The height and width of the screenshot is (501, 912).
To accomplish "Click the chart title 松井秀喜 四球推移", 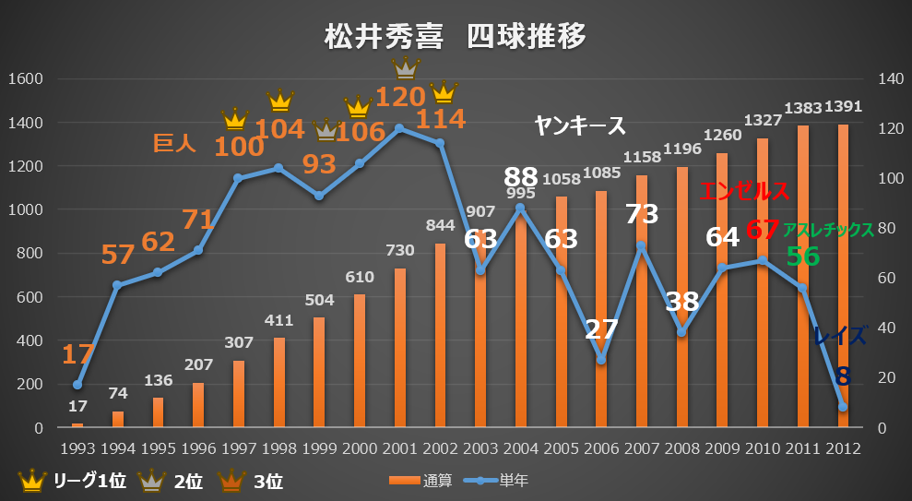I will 456,38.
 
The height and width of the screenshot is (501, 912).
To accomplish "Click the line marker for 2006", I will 601,360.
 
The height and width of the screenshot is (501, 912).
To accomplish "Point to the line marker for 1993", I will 77,385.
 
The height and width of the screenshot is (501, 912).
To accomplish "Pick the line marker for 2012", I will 843,407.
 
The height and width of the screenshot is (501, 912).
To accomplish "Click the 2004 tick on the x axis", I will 520,449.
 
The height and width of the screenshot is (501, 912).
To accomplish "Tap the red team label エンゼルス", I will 744,192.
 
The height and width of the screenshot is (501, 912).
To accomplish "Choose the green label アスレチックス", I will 828,231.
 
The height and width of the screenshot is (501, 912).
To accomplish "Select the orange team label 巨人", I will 175,143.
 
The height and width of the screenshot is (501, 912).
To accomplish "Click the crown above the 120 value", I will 405,66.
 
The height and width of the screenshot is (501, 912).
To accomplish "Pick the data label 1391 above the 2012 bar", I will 843,107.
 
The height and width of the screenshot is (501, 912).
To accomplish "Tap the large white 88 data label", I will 521,177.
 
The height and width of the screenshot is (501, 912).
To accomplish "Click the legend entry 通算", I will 420,480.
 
